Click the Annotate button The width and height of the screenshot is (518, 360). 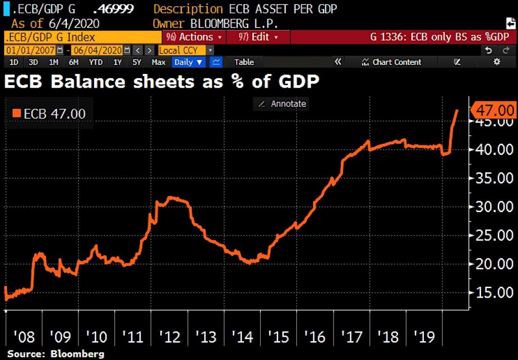283,104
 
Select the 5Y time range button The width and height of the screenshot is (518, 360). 137,62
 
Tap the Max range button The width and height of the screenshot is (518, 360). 158,62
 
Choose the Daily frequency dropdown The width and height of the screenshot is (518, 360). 188,62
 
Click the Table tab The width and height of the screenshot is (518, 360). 244,62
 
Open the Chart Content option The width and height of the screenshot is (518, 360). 392,62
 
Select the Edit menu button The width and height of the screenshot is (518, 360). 258,37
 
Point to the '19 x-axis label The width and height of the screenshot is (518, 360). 424,336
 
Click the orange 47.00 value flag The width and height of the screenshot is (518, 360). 494,110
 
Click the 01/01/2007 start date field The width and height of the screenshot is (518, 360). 29,50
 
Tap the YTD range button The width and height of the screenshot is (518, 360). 96,62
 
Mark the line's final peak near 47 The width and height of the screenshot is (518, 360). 458,110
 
